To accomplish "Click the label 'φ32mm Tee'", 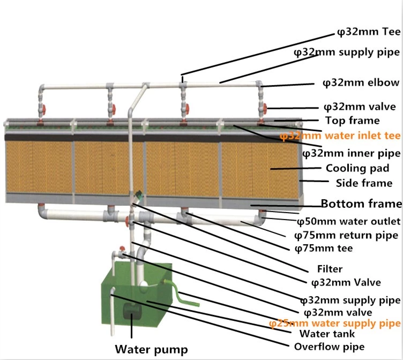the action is click(369, 32).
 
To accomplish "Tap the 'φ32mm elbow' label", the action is click(361, 82).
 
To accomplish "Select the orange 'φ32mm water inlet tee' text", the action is click(340, 136).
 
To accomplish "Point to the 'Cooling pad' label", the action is click(357, 168).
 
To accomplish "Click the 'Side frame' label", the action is click(364, 183).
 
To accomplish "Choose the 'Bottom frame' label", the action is click(361, 204).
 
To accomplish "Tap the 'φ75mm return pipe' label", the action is click(346, 235).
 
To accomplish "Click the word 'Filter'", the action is click(330, 269).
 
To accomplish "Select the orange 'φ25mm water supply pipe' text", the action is click(334, 324).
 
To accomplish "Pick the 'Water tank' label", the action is click(327, 334).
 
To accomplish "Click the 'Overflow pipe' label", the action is click(329, 347).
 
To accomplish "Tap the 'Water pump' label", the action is click(151, 349).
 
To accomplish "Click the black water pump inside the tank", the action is click(132, 310).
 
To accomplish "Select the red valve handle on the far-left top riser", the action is click(44, 109).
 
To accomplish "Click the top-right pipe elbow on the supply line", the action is click(259, 84).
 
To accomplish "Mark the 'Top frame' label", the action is click(353, 121).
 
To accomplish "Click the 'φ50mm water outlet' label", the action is click(348, 221).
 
